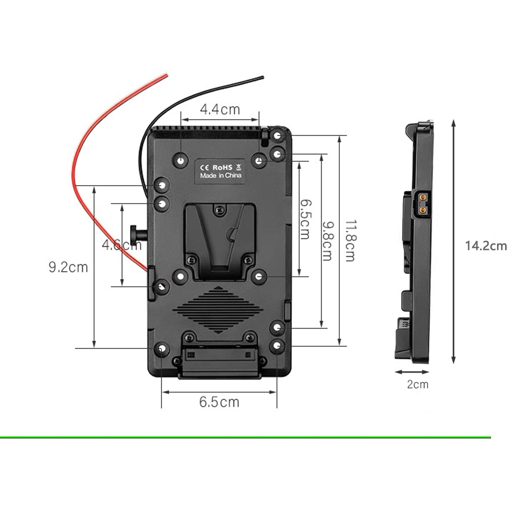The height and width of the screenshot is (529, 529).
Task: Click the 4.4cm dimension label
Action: tap(220, 109)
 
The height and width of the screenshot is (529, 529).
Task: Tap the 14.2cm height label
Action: tap(486, 246)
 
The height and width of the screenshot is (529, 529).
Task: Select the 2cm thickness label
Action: tap(417, 385)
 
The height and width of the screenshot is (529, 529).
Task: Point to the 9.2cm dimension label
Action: tap(68, 267)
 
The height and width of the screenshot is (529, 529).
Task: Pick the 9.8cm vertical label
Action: tap(327, 241)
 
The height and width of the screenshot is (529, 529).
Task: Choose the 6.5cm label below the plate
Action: tap(219, 402)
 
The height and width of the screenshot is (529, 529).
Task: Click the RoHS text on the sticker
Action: tap(222, 168)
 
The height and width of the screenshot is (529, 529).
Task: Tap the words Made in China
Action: tap(221, 176)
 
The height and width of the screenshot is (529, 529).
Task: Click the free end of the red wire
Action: tap(166, 76)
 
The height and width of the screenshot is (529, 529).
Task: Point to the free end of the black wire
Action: tap(263, 78)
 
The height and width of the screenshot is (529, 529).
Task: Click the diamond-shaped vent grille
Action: tap(218, 310)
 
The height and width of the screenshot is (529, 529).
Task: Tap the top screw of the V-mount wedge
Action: tap(219, 209)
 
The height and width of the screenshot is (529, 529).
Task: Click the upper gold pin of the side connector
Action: tap(423, 198)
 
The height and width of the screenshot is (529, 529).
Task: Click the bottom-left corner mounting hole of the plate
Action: tap(161, 349)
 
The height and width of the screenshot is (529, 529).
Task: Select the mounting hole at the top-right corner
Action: tap(277, 136)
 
